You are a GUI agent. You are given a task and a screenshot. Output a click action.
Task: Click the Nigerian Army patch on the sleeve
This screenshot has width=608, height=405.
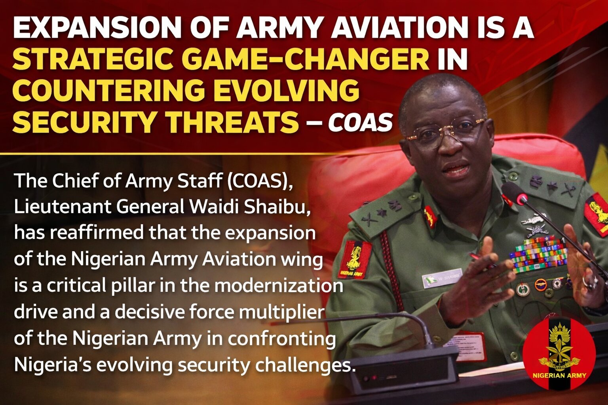click(x=355, y=259)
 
